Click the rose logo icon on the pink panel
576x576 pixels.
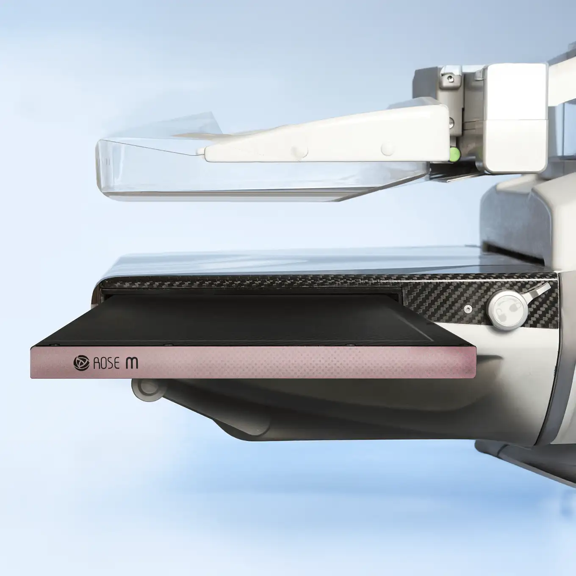[x=81, y=363]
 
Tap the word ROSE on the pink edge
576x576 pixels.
[x=104, y=363]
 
